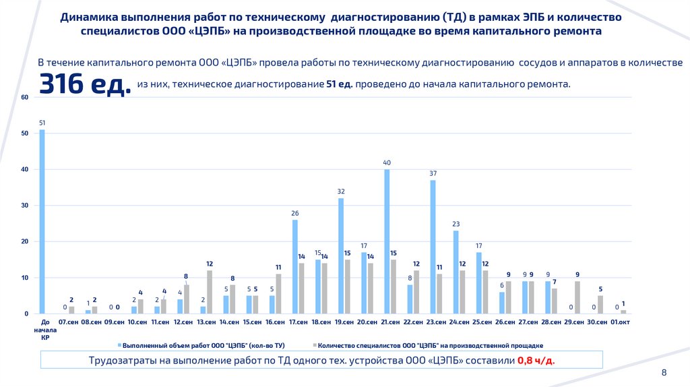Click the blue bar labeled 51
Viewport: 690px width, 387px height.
point(42,222)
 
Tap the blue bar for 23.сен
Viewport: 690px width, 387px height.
point(433,247)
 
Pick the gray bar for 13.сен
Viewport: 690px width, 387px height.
point(210,292)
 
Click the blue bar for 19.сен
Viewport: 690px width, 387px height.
point(341,256)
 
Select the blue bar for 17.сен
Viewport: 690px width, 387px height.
point(295,266)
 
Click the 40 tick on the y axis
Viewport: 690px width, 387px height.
point(24,169)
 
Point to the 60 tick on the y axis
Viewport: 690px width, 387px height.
point(24,97)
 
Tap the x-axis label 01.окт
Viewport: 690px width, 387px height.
point(620,323)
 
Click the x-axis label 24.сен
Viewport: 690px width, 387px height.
point(459,323)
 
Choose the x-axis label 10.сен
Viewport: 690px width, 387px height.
point(137,323)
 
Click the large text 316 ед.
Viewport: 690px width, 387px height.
point(85,85)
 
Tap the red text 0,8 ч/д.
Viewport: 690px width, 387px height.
point(536,361)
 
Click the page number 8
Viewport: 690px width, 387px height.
point(664,373)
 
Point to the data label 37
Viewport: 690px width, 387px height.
point(433,174)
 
